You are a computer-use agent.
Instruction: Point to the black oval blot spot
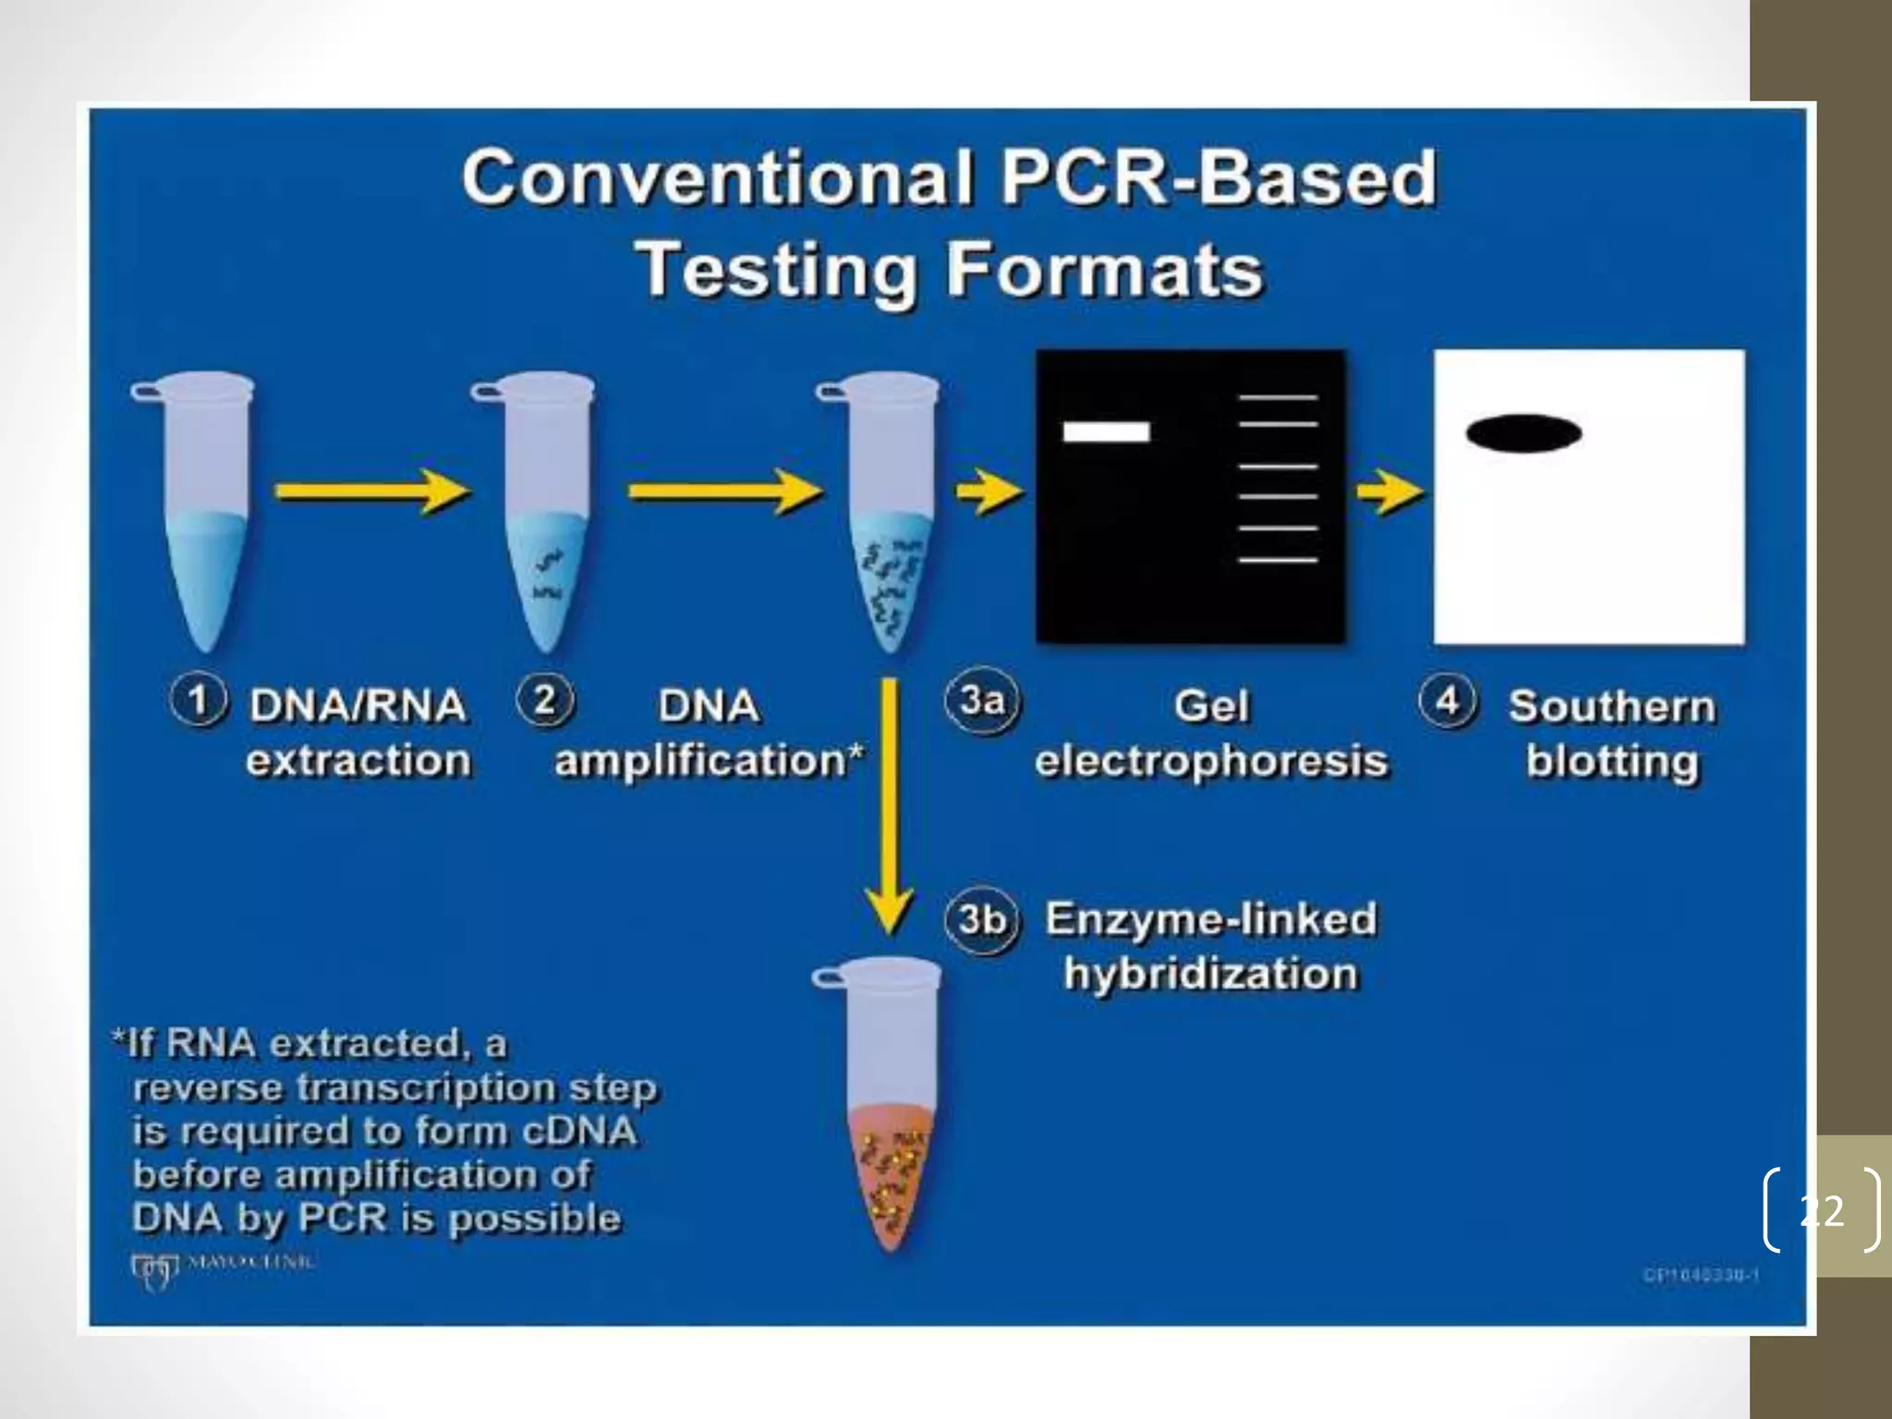[1523, 433]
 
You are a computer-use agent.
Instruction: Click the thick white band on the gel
[1106, 431]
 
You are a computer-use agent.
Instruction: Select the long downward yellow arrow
[890, 804]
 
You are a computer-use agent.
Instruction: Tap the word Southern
[1612, 707]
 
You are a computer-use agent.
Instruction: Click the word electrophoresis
[1211, 762]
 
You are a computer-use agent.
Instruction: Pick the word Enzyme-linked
[1211, 919]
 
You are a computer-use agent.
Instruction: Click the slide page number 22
[1822, 1211]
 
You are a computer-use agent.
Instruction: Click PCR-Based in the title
[1219, 177]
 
